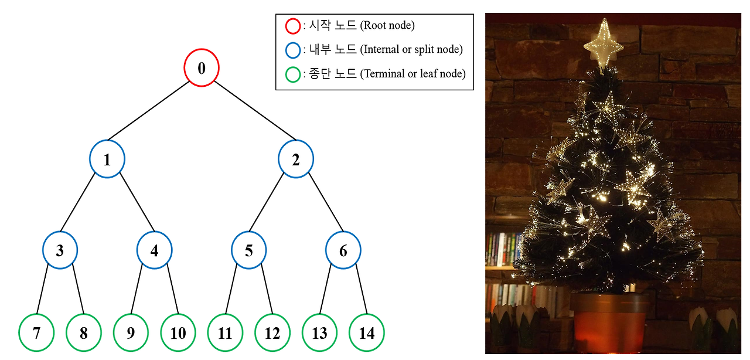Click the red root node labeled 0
[202, 68]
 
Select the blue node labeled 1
[107, 159]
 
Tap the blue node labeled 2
[296, 159]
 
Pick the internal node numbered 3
[60, 250]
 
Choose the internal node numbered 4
[155, 250]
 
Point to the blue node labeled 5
[249, 250]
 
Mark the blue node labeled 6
[343, 250]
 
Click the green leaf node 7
[36, 332]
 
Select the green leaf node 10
[178, 332]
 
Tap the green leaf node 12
[272, 332]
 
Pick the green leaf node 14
[367, 332]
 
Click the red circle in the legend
[293, 26]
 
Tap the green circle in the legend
[293, 74]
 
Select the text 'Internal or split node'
[412, 50]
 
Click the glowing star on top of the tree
[603, 43]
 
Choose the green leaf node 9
[131, 332]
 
